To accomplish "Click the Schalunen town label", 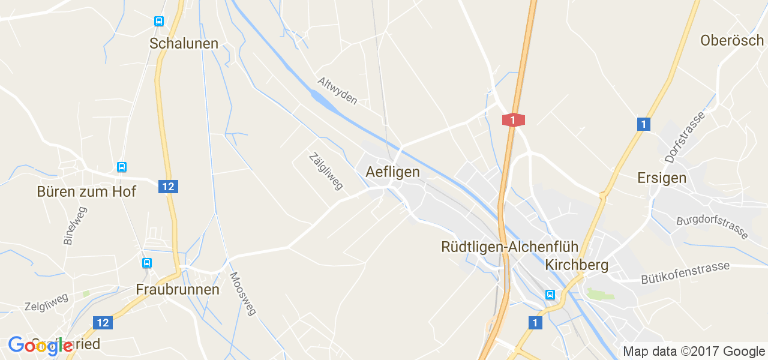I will coord(184,43).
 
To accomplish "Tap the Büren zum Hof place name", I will coord(86,191).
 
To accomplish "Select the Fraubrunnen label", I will coord(178,289).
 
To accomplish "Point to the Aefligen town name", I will coord(392,172).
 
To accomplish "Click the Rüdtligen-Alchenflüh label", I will coord(509,247).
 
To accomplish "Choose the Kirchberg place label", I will coord(577,265).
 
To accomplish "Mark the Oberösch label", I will coord(732,40).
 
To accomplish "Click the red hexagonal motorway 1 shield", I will coord(513,120).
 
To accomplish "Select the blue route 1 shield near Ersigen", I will coord(643,124).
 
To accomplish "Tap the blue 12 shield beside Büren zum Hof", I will coord(168,187).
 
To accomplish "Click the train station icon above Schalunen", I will coord(158,22).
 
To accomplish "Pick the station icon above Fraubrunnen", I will coord(147,263).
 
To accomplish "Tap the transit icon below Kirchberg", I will coord(550,295).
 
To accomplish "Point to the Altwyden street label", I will coord(337,91).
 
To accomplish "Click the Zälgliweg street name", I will coord(325,171).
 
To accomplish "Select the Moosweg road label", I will coord(243,293).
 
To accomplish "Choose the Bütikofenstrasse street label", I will coord(685,272).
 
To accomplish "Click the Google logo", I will coord(41,346).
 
